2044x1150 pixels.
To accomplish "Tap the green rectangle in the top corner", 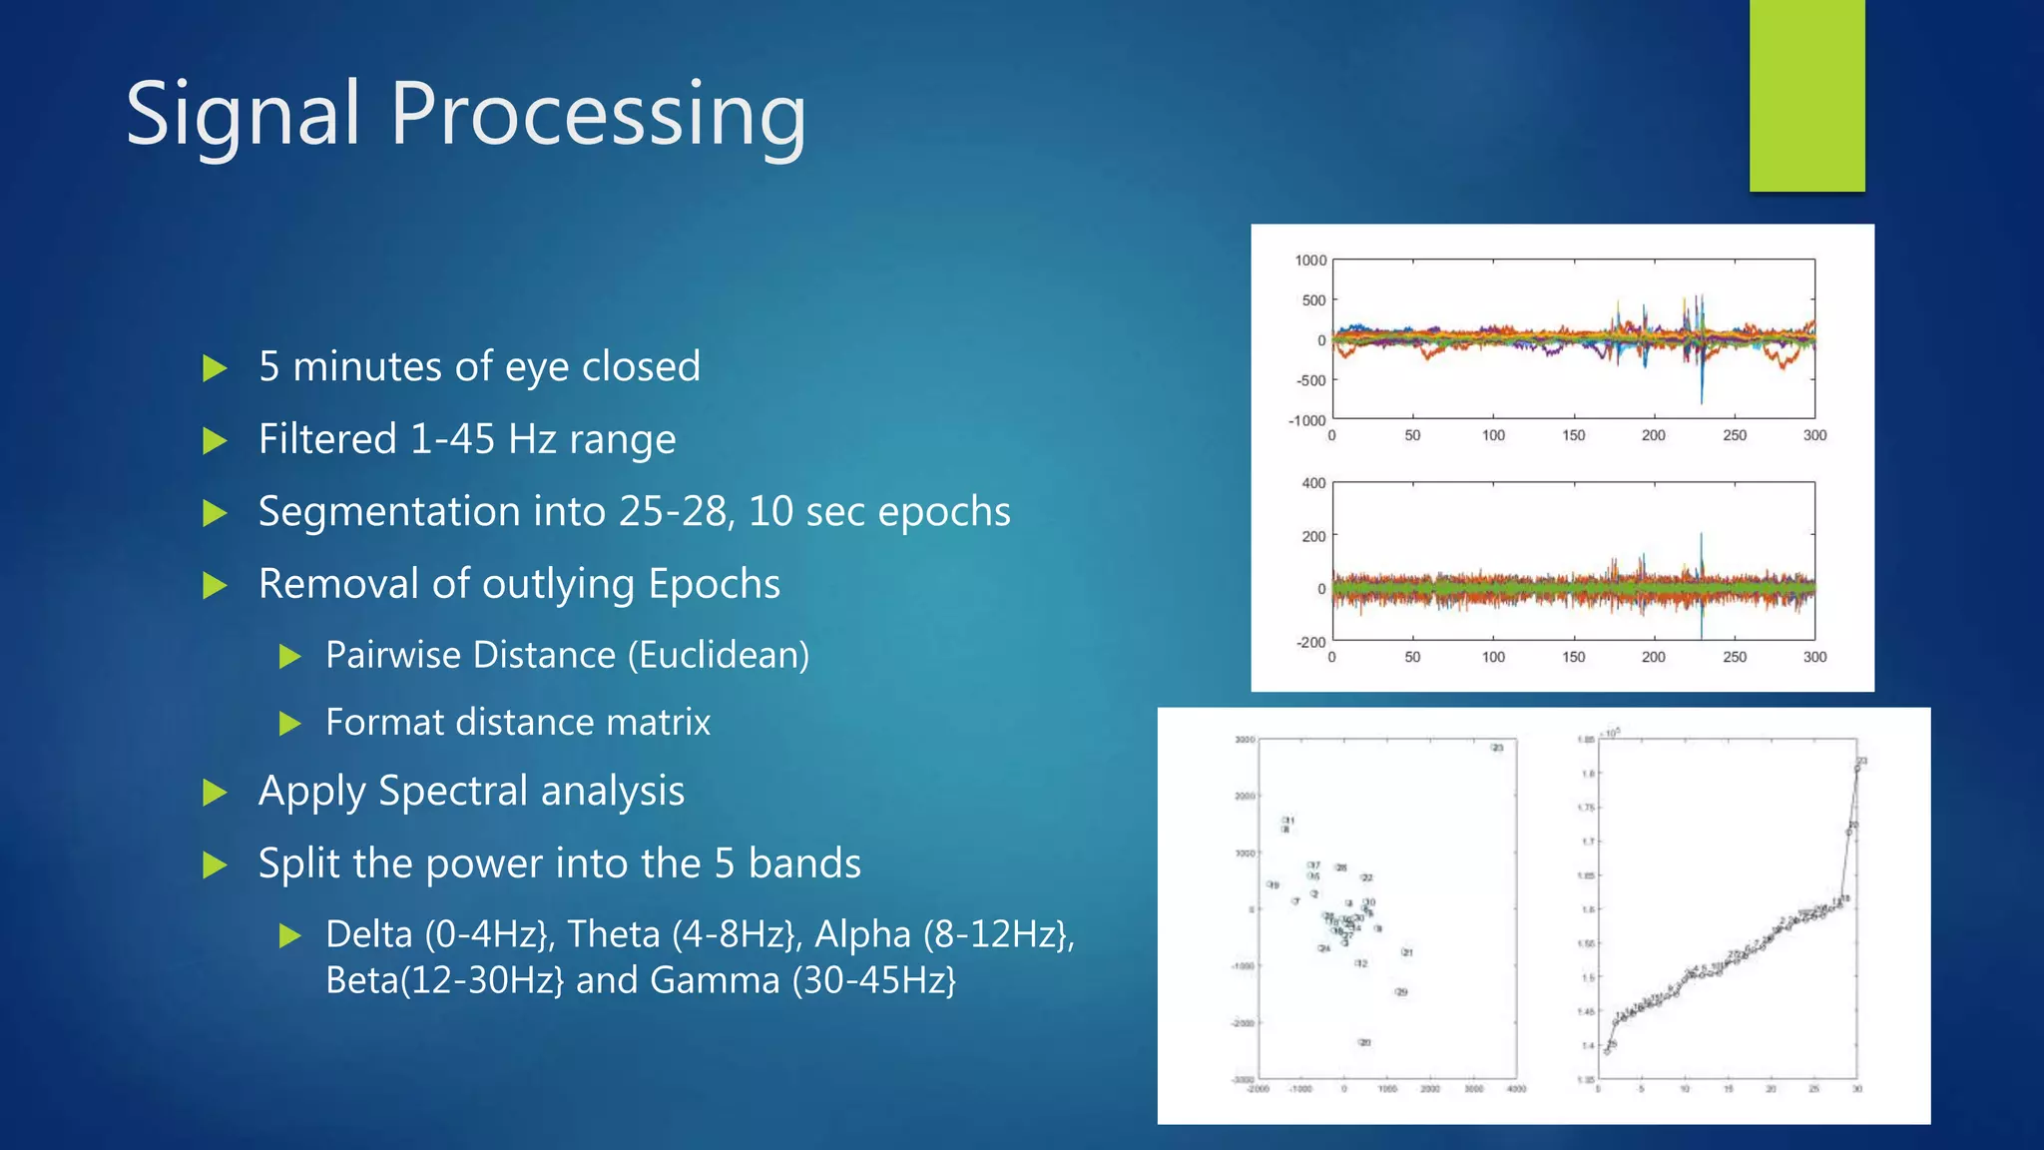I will point(1806,95).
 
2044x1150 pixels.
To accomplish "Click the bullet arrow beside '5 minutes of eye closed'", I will point(215,368).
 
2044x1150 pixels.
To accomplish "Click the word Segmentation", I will point(389,511).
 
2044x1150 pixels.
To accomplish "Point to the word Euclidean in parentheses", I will point(718,655).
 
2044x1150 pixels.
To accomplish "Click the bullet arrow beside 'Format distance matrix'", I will point(290,723).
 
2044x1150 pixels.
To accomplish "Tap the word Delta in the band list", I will point(368,934).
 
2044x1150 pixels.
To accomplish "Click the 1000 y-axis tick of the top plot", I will point(1310,261).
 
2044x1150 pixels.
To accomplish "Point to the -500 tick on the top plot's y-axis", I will point(1310,380).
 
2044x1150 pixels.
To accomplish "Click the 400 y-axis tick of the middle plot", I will point(1313,483).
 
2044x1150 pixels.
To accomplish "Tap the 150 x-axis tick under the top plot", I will point(1573,435).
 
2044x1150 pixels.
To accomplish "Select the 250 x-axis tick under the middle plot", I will point(1734,657).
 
